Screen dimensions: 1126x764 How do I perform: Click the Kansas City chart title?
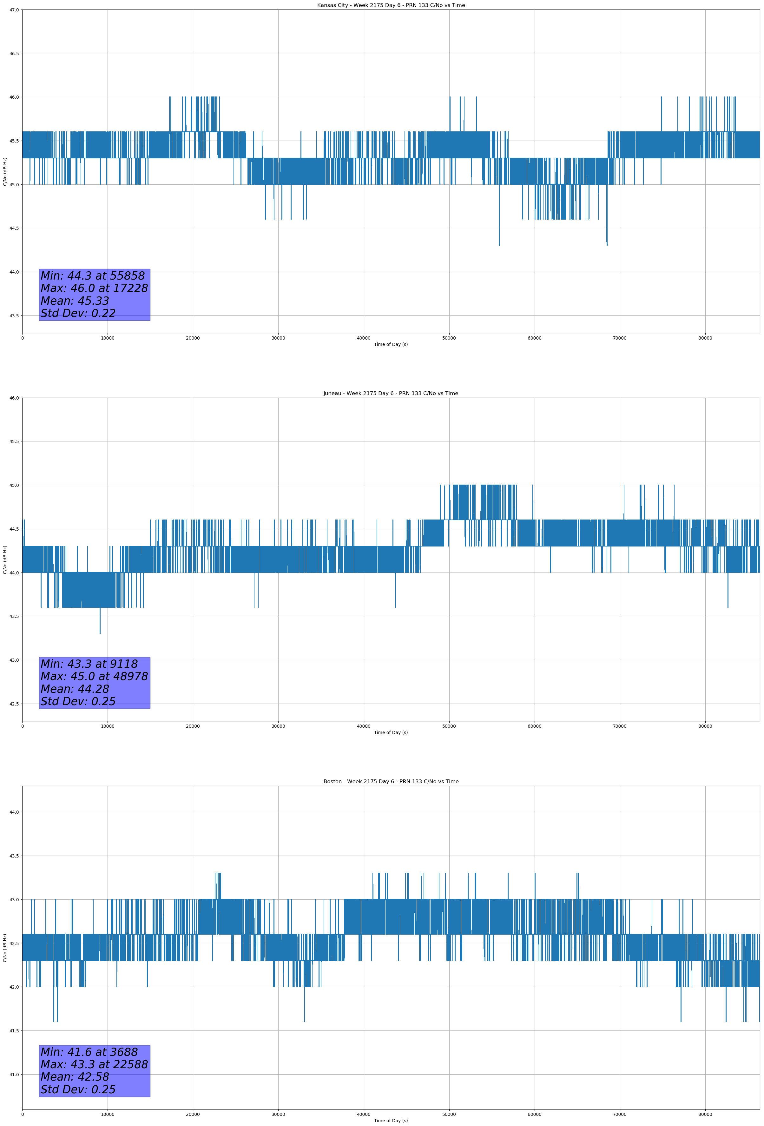point(391,5)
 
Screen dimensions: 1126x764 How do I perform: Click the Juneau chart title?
point(391,394)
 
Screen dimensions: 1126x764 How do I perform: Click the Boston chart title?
point(391,782)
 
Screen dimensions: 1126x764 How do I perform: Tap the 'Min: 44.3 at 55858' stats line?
point(93,276)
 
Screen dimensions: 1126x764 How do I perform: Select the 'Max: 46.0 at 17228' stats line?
point(94,288)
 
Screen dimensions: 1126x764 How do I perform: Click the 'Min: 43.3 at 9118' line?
point(89,664)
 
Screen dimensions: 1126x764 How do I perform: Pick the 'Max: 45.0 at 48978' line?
point(94,676)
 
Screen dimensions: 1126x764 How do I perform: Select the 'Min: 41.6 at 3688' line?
point(89,1052)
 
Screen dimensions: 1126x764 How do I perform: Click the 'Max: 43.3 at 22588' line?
point(94,1064)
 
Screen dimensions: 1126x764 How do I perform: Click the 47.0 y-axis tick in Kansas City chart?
point(14,10)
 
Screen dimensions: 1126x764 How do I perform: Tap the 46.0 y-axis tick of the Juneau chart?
point(14,398)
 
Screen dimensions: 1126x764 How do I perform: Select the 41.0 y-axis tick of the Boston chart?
point(14,1075)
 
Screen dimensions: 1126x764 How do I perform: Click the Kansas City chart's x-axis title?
point(391,344)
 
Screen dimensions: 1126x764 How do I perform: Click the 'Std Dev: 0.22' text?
point(78,314)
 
